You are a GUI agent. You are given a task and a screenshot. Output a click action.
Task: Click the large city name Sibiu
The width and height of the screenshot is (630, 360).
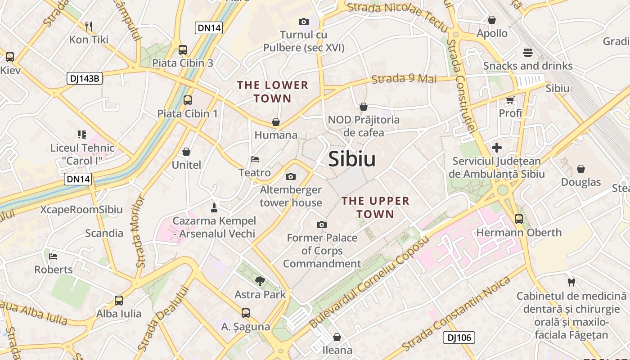(x=352, y=159)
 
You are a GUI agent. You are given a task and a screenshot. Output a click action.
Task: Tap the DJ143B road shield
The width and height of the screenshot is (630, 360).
(x=85, y=78)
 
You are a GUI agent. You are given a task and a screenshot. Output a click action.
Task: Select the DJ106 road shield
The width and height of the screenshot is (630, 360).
(x=459, y=337)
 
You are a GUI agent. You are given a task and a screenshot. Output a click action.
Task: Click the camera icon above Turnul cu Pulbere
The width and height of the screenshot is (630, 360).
(x=303, y=22)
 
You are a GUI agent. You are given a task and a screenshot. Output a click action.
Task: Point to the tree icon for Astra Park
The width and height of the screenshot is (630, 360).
(x=260, y=282)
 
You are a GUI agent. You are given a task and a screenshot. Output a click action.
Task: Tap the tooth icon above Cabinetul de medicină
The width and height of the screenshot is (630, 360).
(x=571, y=283)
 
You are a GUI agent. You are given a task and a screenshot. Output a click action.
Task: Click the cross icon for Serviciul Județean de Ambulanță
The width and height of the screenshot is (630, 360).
(x=497, y=148)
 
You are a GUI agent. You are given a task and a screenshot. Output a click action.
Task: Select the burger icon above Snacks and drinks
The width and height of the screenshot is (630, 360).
(x=528, y=53)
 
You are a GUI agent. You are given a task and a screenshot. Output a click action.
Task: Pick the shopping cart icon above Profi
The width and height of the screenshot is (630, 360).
(x=510, y=100)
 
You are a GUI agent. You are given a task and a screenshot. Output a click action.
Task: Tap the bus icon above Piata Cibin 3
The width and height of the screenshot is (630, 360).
(x=183, y=50)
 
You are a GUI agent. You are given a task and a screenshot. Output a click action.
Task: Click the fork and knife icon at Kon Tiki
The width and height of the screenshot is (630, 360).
(x=89, y=27)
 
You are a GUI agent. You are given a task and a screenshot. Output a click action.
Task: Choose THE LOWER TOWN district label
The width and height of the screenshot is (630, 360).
(x=273, y=91)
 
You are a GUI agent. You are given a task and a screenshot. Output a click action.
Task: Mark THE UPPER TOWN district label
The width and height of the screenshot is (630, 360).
(x=375, y=207)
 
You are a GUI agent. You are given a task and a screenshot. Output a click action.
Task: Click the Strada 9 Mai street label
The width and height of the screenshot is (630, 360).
(x=404, y=79)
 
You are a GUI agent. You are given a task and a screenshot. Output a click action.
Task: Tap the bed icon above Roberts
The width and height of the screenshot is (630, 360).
(x=53, y=256)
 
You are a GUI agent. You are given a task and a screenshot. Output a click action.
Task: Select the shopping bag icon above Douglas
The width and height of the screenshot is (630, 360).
(x=581, y=169)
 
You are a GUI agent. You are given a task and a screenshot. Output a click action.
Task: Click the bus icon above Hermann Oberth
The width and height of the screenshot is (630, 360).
(x=519, y=219)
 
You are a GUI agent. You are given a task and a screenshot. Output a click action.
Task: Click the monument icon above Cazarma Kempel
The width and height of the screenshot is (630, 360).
(x=214, y=208)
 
